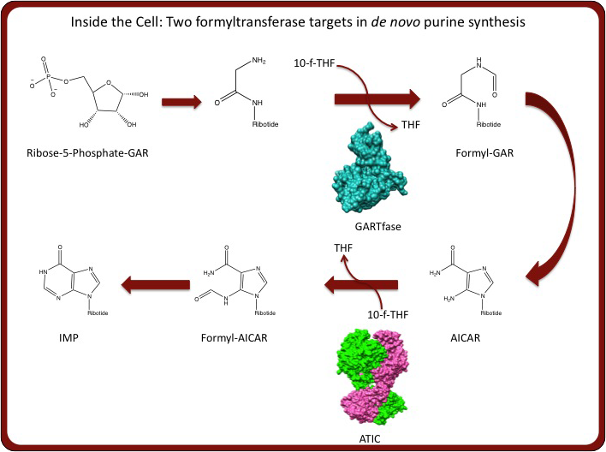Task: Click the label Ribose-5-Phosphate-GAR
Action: point(87,153)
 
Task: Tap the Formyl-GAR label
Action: point(484,153)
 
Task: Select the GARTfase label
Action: point(378,226)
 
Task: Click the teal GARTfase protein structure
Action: point(369,168)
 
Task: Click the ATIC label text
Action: point(370,439)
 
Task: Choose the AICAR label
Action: point(466,338)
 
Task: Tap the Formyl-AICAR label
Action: point(235,338)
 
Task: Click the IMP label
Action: point(68,338)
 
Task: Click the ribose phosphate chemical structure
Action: point(89,92)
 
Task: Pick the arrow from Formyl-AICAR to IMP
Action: point(156,285)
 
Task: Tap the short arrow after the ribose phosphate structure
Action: point(181,102)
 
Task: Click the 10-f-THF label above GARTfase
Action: point(314,63)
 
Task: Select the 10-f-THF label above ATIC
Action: point(388,314)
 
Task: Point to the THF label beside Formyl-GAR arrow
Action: point(411,125)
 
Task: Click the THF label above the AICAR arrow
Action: point(343,248)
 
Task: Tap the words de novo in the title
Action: point(395,22)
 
